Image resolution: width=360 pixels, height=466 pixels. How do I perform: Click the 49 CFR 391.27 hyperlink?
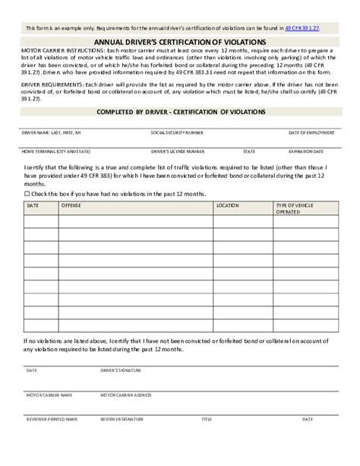302,27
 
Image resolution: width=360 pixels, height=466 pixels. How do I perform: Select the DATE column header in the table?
33,205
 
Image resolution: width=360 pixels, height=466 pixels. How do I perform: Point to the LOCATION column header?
227,205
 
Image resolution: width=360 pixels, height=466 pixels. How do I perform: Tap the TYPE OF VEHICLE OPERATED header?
295,208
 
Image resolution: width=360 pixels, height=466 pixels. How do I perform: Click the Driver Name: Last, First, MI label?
52,132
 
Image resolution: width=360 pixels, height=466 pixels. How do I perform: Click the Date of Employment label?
311,132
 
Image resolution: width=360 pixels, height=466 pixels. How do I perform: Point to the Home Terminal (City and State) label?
56,151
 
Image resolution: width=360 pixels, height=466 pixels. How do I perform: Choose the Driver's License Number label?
178,151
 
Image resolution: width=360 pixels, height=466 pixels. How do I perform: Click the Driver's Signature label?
122,370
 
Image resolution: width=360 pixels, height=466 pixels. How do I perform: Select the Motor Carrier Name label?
49,395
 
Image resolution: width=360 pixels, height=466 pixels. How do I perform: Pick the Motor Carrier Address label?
126,395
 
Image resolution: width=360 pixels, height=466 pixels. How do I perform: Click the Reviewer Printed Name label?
52,419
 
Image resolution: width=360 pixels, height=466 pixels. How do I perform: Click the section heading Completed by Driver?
180,111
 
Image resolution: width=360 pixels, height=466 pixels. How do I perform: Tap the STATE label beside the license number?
249,151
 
